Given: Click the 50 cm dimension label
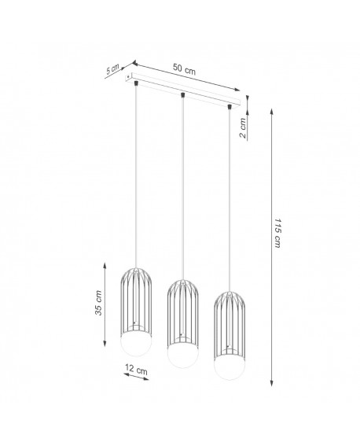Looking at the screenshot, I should click(186, 70).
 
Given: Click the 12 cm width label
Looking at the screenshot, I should click(137, 370).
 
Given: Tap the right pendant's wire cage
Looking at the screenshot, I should click(230, 322).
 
